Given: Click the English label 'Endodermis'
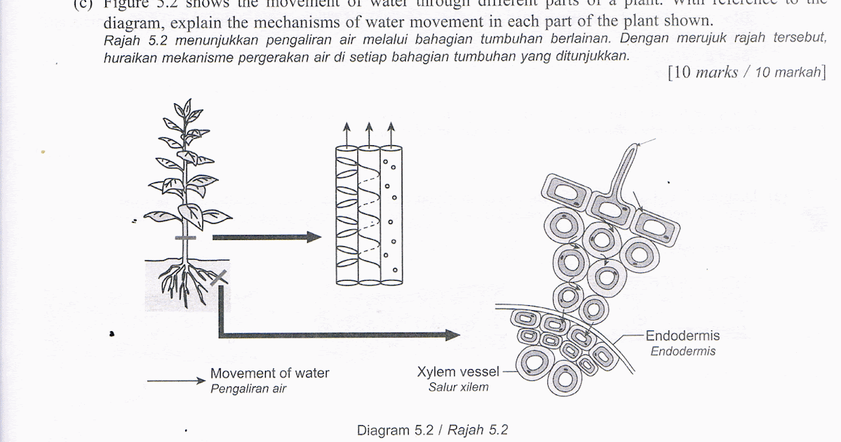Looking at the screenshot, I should pos(683,335).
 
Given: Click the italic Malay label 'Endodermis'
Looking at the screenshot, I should pos(683,351).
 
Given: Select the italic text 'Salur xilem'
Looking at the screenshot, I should pos(458,387).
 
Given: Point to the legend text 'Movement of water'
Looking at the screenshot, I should pos(270,373).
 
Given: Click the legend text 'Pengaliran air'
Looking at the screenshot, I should pos(248,389).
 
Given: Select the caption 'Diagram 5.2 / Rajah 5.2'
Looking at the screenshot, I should pos(432,429).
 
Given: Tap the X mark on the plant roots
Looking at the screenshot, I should pos(219,279).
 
